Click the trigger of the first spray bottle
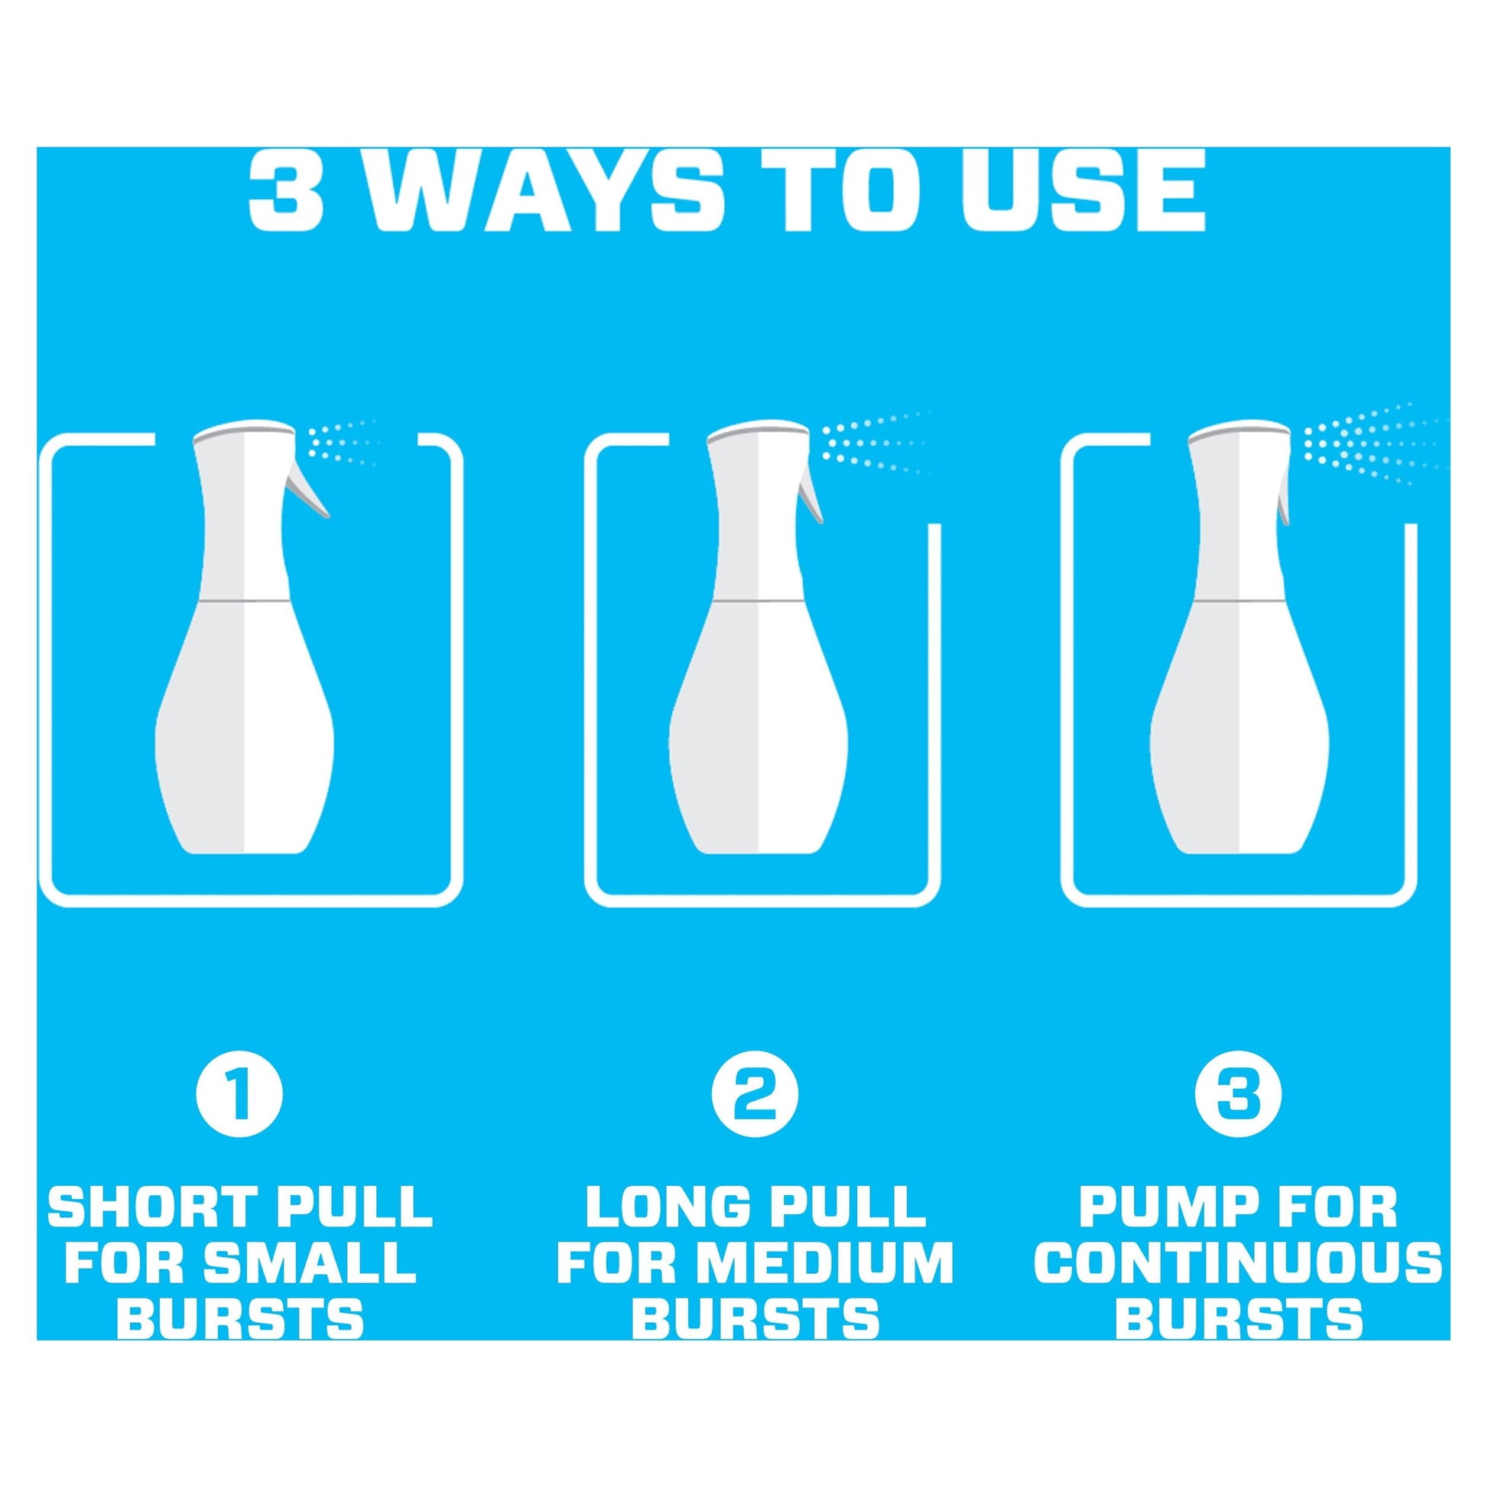[308, 493]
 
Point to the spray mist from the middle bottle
[878, 444]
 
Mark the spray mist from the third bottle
[1375, 445]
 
